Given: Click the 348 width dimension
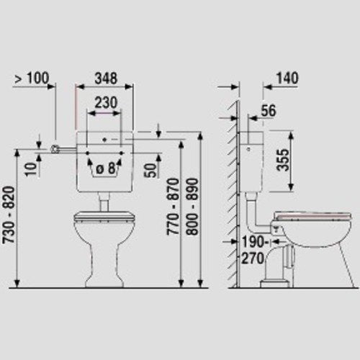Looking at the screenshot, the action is tap(106, 78).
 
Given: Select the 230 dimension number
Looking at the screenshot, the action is tap(106, 102).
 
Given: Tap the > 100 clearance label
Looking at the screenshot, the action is tap(32, 78).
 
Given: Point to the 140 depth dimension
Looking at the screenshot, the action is tap(287, 78).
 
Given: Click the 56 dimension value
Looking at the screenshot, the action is tap(269, 111).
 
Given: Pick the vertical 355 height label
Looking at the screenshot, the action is tap(283, 160).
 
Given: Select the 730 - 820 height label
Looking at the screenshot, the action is tap(9, 215).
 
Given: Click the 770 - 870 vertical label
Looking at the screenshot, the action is tap(173, 207).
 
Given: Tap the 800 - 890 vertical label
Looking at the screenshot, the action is tap(192, 207).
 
